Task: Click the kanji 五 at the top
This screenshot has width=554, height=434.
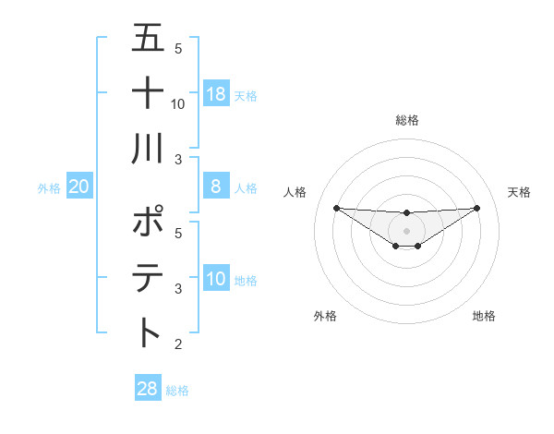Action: coord(149,40)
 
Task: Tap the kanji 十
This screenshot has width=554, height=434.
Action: coord(149,94)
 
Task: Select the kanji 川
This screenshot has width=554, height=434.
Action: coord(149,149)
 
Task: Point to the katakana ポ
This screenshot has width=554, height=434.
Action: coord(149,223)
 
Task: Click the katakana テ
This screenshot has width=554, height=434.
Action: coord(149,277)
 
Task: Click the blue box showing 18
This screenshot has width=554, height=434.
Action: coord(215,94)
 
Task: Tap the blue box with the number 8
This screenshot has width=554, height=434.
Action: coord(215,187)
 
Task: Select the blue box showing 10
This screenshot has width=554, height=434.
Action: coord(215,279)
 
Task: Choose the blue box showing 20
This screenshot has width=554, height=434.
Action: coord(79,187)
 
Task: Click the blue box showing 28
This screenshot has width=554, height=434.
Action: coord(147,389)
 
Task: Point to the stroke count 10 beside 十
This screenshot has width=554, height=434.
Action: coord(178,104)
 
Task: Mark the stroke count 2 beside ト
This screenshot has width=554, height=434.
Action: coord(178,344)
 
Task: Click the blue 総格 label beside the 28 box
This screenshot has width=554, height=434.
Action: coord(177,391)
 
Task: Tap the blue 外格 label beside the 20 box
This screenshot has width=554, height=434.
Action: coord(49,188)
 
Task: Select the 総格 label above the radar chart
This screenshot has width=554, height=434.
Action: coord(407,120)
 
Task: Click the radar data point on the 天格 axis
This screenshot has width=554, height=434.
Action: coord(477,207)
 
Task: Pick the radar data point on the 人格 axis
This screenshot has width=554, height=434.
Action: coord(336,208)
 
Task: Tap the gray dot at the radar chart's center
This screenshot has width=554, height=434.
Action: coord(407,230)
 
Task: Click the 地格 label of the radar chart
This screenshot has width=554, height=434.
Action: coord(484,317)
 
